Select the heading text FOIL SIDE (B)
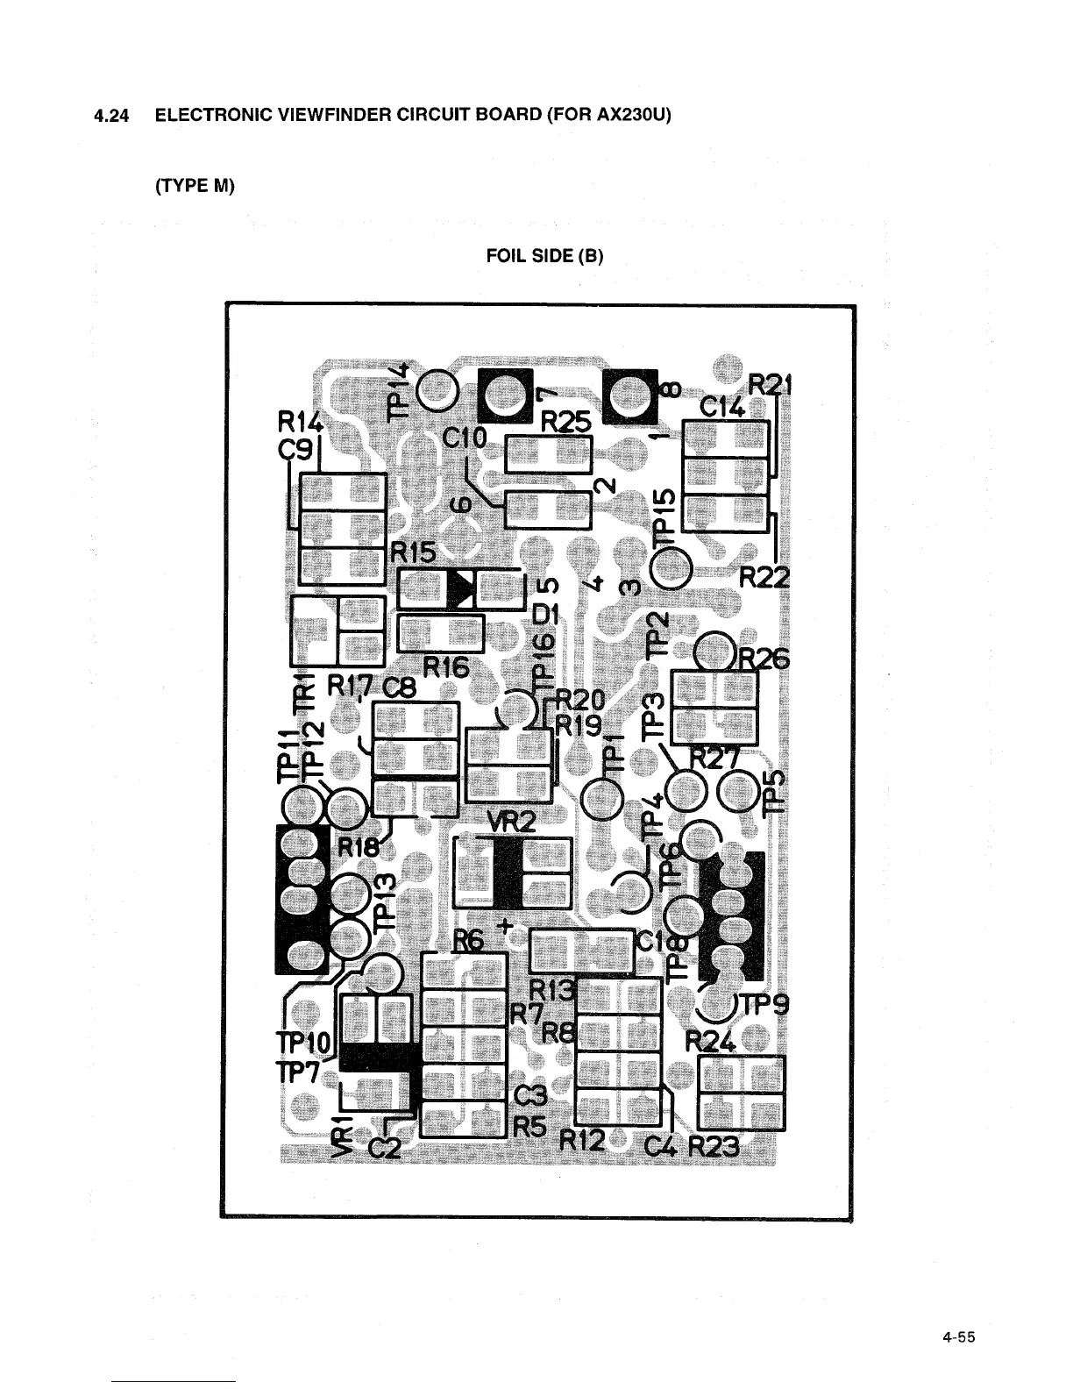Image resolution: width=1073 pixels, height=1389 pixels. coord(545,256)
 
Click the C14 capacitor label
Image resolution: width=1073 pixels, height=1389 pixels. coord(721,407)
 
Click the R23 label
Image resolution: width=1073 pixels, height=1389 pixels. coord(714,1146)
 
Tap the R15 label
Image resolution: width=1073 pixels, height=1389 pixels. coord(414,553)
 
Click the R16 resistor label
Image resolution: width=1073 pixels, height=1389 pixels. coord(446,668)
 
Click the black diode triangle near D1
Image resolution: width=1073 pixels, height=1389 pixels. coord(459,589)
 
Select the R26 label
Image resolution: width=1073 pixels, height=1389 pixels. coord(765,659)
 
